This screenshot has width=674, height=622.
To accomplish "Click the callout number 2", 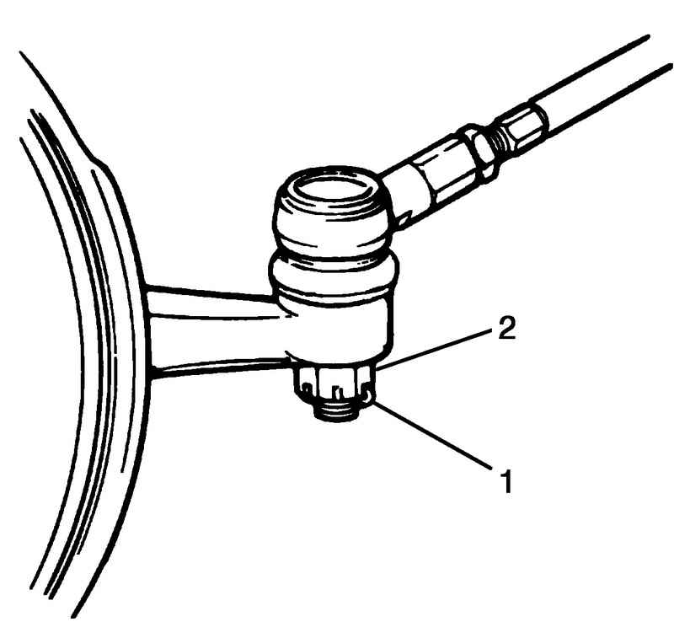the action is tap(507, 329).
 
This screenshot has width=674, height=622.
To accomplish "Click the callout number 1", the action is tap(508, 481).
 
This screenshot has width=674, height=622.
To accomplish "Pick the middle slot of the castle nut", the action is tap(338, 390).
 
